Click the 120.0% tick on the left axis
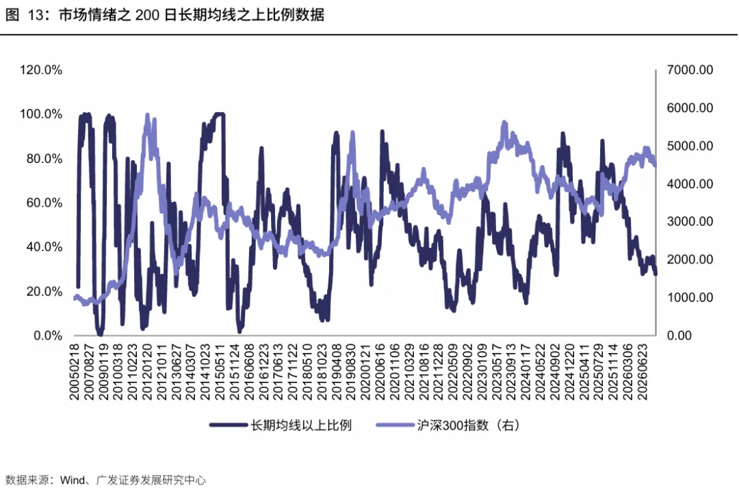coord(41,70)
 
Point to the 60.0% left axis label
coord(44,203)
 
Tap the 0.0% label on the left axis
coord(48,335)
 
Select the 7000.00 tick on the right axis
coord(690,70)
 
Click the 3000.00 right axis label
coord(690,222)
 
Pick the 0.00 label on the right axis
coord(679,335)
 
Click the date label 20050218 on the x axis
coord(74,372)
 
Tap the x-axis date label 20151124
coord(234,372)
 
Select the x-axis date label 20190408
coord(337,372)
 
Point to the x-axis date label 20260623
coord(643,372)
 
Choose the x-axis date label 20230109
coord(482,372)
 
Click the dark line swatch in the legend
coord(229,425)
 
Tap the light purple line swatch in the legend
coord(395,425)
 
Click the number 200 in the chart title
coord(147,15)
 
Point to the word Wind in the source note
coord(73,480)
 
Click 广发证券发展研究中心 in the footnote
coord(151,480)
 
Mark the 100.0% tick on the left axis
coord(41,114)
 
